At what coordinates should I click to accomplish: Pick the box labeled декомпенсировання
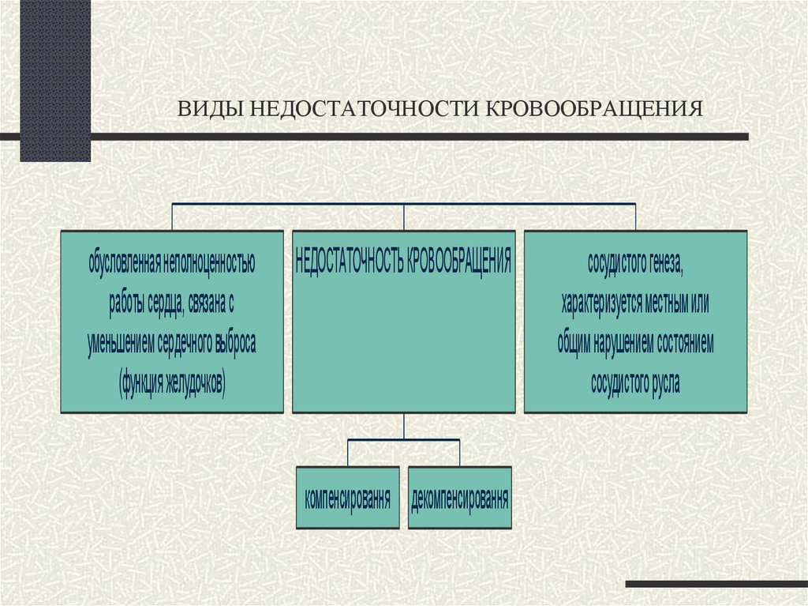point(460,499)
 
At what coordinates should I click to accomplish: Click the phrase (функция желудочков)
point(172,383)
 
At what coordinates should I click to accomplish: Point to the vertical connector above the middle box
point(404,217)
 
